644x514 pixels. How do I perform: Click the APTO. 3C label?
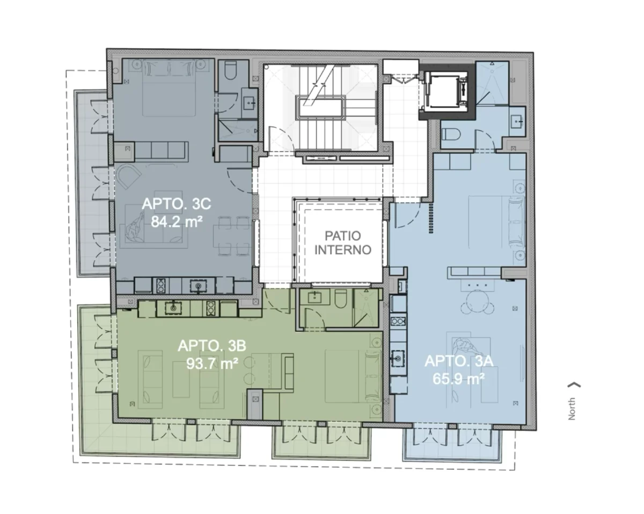coord(176,204)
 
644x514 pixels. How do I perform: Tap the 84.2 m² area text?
coord(177,222)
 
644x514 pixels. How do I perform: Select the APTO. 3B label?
coord(212,346)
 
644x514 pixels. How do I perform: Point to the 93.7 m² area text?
coord(212,364)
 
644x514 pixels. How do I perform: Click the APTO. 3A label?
coord(459,361)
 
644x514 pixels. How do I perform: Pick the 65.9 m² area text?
coord(458,379)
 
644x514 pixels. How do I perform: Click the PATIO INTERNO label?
coord(342,243)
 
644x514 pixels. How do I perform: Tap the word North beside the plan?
coord(572,409)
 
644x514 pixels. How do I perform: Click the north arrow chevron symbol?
coord(574,385)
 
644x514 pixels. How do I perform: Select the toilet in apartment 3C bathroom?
coord(230,71)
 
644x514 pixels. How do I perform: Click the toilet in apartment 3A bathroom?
coord(448,134)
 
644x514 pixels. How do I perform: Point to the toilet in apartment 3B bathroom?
coord(340,298)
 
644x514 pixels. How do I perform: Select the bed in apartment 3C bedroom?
coord(169,88)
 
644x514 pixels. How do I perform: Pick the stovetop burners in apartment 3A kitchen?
coord(398,321)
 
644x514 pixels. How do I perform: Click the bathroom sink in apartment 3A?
coord(517,121)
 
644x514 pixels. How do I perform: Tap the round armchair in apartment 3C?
coord(128,176)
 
